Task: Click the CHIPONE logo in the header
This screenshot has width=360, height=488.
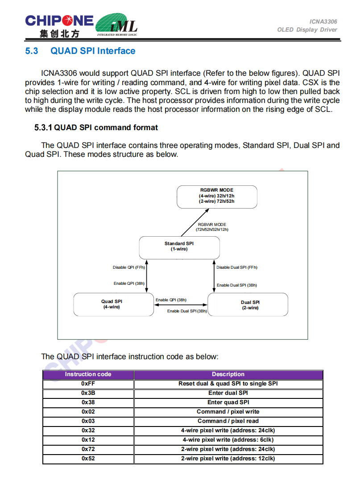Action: [x=59, y=26]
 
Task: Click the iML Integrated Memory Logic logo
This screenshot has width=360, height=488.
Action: [x=117, y=25]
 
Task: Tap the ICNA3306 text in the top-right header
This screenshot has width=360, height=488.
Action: [x=323, y=21]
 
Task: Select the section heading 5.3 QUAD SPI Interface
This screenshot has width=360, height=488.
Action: [x=80, y=51]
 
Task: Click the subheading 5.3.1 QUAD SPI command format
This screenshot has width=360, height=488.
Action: [x=96, y=128]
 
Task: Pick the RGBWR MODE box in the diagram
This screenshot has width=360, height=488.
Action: [x=217, y=196]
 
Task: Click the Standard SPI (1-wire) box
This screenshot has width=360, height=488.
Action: [x=179, y=247]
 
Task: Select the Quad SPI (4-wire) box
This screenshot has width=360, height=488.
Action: [x=112, y=304]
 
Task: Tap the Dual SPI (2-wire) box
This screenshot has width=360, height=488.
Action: [x=250, y=305]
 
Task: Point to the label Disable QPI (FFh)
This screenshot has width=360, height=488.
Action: [x=129, y=267]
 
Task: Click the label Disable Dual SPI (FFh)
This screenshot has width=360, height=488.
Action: [x=237, y=267]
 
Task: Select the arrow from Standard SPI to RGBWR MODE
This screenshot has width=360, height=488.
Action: [x=191, y=225]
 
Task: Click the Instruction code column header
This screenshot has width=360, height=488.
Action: [x=88, y=374]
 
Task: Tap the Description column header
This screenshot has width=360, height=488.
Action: [x=228, y=374]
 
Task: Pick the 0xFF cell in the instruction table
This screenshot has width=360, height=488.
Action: [x=88, y=384]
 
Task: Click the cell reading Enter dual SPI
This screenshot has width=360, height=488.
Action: [x=228, y=393]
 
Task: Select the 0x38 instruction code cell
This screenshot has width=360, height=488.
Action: [x=88, y=402]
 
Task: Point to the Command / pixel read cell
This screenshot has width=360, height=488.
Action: [x=228, y=421]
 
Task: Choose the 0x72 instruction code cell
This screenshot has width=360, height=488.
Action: [x=88, y=449]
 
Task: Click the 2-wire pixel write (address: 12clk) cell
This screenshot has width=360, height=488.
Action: [x=228, y=459]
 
